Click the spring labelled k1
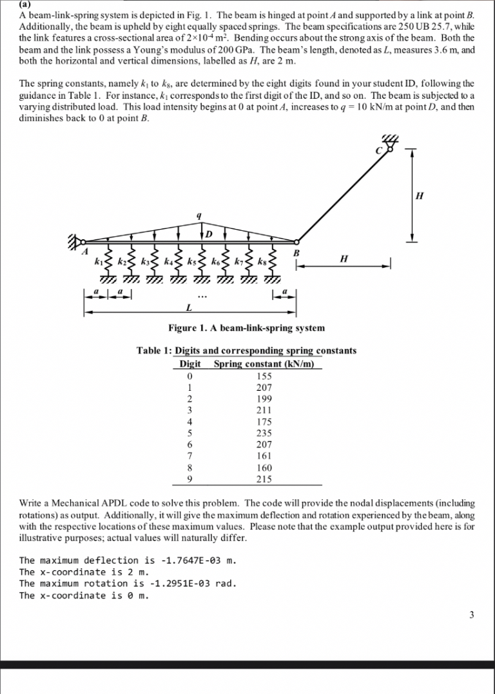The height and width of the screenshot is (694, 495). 108,261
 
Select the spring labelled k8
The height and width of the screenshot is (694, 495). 272,261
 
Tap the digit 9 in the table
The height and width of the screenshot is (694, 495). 189,479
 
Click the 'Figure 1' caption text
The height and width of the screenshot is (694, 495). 246,328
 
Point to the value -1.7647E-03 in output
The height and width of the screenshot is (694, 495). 180,560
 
